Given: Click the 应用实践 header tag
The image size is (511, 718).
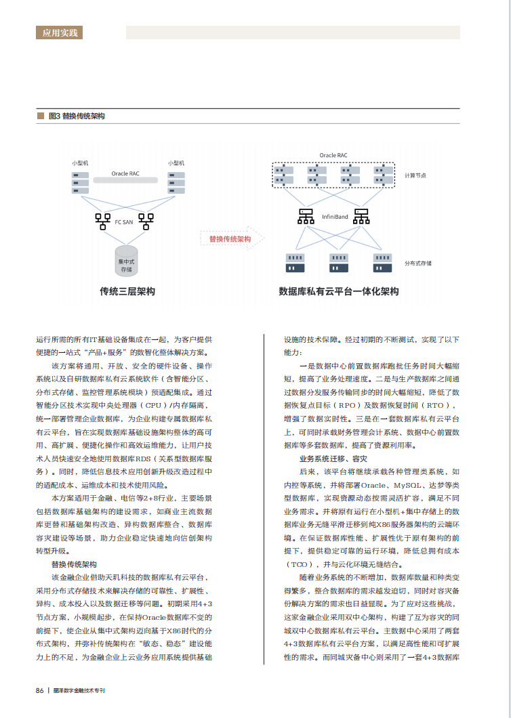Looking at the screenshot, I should [60, 32].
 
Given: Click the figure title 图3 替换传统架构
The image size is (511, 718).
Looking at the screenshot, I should [77, 116].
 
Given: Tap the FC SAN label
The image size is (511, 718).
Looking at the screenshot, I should [123, 221].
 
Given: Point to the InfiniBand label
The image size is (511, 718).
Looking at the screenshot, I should [335, 217].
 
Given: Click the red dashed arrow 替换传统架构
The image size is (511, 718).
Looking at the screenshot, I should [229, 239].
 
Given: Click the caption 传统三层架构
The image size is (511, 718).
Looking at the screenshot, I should [127, 291].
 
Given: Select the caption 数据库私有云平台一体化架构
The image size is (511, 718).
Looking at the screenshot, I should [339, 291].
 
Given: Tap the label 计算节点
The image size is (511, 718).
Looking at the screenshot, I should [415, 175].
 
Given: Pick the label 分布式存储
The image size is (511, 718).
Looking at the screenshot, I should [417, 263].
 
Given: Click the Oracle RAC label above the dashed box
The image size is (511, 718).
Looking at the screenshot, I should [333, 156].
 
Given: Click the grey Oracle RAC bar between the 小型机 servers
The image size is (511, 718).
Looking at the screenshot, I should [125, 174].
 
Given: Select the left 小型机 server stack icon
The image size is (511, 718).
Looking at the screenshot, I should [81, 182].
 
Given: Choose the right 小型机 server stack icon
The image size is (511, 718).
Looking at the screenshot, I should [176, 182].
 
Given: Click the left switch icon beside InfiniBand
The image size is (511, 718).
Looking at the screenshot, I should [306, 217].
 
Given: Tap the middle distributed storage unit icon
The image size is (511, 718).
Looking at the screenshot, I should [338, 262].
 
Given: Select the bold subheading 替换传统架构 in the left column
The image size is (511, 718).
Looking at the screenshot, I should [74, 564].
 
